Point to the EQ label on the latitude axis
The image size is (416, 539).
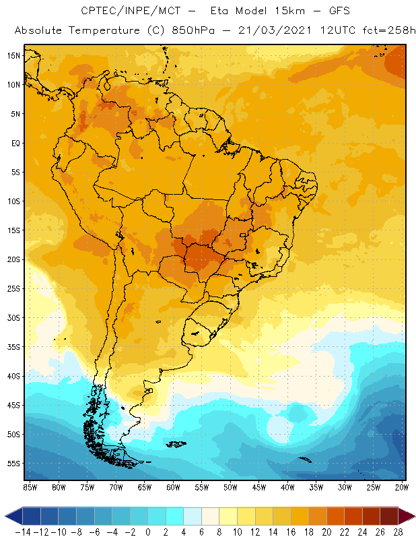coord(14,143)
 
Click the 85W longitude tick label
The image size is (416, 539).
coord(30,486)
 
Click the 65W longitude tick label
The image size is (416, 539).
coord(145,486)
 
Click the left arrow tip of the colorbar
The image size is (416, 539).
coord(5,516)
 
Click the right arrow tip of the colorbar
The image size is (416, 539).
coord(412,516)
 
